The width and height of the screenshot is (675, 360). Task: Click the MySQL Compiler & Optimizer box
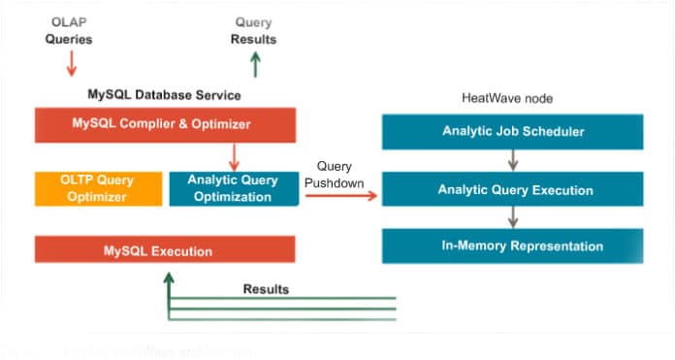coord(165,124)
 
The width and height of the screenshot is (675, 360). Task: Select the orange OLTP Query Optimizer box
coord(98,188)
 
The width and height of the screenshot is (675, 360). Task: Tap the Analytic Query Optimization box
coord(233,188)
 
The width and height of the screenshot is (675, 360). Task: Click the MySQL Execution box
coord(165,250)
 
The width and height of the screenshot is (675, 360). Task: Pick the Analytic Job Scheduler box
coord(513,131)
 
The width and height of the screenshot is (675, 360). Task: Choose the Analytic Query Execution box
coord(513,189)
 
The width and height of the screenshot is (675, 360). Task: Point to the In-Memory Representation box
coord(513,246)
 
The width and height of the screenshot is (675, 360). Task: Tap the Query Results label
coord(253,31)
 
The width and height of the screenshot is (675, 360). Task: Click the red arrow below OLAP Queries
coord(68,64)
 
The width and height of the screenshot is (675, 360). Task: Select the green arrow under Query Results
coord(254,64)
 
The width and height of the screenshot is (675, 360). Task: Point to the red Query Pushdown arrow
coord(340,196)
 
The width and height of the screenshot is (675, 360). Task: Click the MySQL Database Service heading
coord(165,95)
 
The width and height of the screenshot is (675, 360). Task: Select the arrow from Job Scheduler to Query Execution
coord(513,160)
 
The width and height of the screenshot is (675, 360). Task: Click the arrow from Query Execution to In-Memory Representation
coord(513,217)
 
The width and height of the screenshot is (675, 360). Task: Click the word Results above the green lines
coord(266,289)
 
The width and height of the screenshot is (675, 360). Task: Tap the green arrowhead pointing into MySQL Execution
coord(169,278)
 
